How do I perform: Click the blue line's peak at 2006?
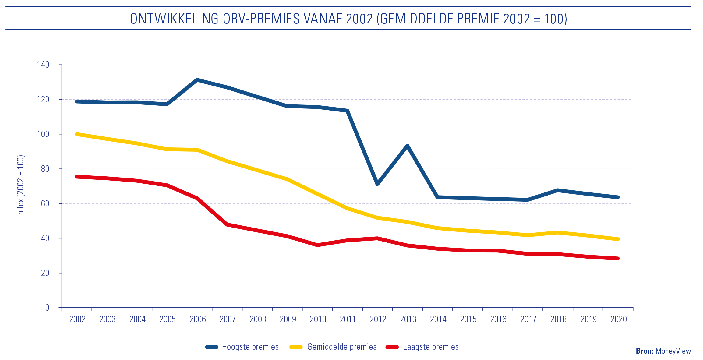[197, 80]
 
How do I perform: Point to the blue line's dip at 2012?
[377, 184]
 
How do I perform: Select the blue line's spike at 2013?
[407, 146]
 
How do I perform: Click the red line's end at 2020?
[618, 259]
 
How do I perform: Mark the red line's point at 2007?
[227, 224]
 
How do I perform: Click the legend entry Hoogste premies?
[250, 347]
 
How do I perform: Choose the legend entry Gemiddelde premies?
[342, 347]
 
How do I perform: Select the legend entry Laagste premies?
[431, 347]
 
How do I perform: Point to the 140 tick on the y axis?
[43, 65]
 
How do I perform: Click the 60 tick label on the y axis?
[45, 203]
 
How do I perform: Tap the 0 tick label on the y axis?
[47, 308]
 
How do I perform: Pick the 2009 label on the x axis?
[288, 319]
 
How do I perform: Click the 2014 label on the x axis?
[438, 319]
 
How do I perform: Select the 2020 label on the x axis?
[619, 319]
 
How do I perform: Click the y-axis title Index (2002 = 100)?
[20, 186]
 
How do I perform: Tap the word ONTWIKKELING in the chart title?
[174, 19]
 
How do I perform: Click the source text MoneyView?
[673, 351]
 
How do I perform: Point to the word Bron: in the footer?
[645, 351]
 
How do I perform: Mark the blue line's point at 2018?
[558, 190]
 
